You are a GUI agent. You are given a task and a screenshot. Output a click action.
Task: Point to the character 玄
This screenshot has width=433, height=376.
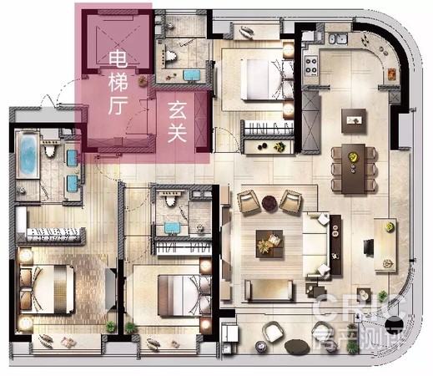[x=178, y=109]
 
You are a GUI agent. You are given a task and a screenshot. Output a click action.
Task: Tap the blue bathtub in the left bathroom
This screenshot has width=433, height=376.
[x=27, y=155]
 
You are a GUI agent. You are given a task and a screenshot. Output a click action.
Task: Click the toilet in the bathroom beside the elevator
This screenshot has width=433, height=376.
[x=171, y=55]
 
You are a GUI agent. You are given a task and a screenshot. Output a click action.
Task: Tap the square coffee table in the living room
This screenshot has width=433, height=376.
[x=270, y=241]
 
